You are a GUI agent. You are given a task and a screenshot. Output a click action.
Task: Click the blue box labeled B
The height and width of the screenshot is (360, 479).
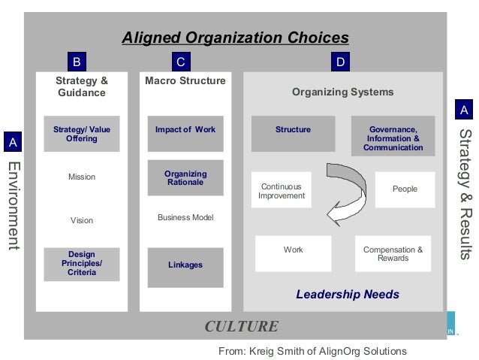pyautogui.click(x=75, y=61)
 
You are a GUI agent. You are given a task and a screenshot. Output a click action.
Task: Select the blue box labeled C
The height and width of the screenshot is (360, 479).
pyautogui.click(x=180, y=61)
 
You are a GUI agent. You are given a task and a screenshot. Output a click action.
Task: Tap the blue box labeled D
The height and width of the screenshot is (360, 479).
pyautogui.click(x=340, y=61)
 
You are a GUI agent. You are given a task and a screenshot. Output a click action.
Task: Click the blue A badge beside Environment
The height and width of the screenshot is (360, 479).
pyautogui.click(x=12, y=142)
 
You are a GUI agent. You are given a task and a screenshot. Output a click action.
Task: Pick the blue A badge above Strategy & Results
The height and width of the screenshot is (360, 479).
pyautogui.click(x=464, y=110)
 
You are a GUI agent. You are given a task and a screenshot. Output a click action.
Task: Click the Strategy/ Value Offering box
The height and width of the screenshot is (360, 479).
pyautogui.click(x=81, y=135)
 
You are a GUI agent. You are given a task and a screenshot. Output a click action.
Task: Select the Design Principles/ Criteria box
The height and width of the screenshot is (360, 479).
pyautogui.click(x=81, y=264)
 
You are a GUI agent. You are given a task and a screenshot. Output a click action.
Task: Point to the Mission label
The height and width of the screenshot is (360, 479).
pyautogui.click(x=82, y=177)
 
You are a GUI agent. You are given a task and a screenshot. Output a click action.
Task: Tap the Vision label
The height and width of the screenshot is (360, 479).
pyautogui.click(x=82, y=221)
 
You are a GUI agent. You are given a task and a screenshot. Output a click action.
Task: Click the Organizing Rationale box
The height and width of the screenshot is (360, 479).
pyautogui.click(x=185, y=178)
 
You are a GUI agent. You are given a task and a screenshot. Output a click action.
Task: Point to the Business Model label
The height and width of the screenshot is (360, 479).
pyautogui.click(x=185, y=218)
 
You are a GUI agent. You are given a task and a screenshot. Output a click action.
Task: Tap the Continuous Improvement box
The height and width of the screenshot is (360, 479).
pyautogui.click(x=282, y=191)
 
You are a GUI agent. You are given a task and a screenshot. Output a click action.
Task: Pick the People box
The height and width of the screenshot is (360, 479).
pyautogui.click(x=405, y=189)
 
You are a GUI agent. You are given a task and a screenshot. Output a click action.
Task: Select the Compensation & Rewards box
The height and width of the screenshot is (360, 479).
pyautogui.click(x=393, y=254)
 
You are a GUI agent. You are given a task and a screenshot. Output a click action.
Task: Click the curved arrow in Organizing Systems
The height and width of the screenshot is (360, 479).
pyautogui.click(x=338, y=188)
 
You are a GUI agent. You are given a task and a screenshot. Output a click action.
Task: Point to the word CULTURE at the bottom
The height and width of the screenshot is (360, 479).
pyautogui.click(x=241, y=326)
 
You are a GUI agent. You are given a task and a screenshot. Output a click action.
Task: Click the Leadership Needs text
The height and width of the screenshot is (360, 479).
pyautogui.click(x=347, y=295)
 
